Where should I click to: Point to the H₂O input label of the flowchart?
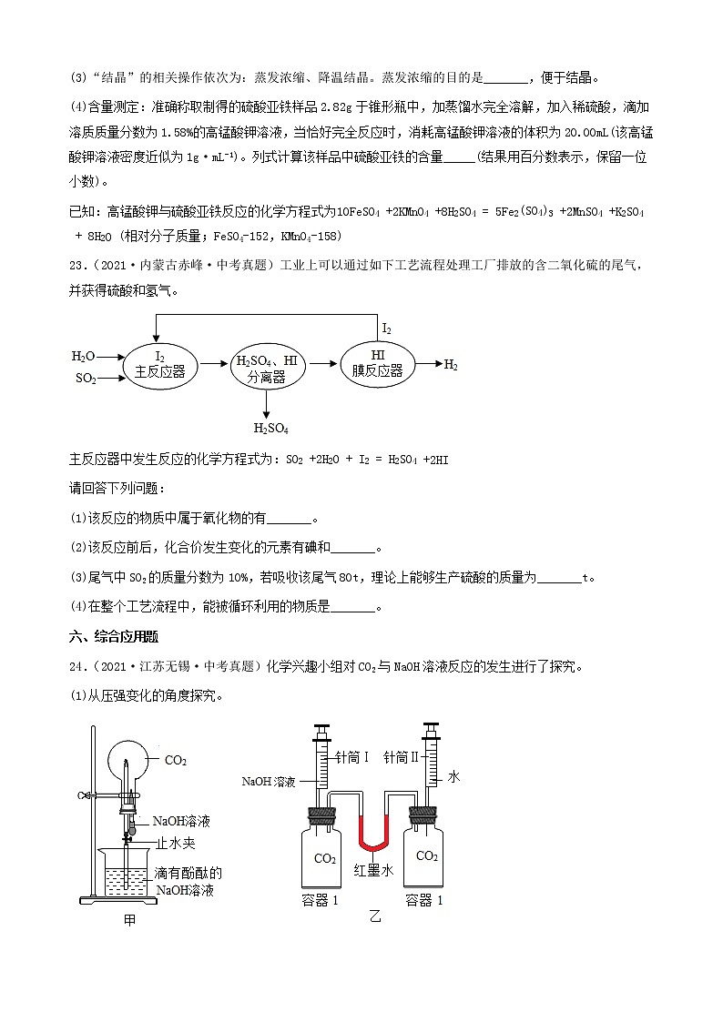pos(83,356)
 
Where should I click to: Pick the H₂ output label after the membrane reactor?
pos(451,365)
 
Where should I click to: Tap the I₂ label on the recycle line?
pos(387,328)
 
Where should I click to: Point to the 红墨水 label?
pos(373,871)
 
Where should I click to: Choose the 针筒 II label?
pos(400,757)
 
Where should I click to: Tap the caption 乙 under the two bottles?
pos(374,916)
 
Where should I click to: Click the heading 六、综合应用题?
pos(112,635)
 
